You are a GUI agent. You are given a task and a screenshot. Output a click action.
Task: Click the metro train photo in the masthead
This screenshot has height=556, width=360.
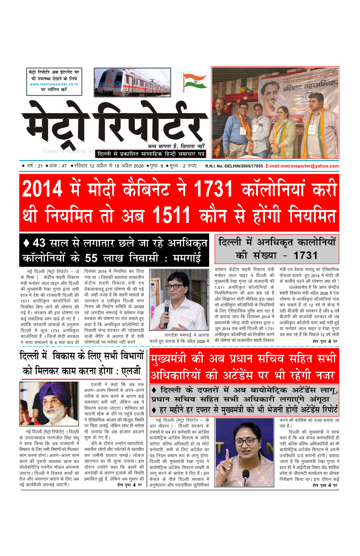click(x=128, y=82)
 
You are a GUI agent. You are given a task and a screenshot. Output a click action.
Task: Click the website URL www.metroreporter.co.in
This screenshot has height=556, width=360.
click(x=54, y=84)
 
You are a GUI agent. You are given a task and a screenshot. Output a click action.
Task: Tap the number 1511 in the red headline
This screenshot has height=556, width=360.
click(x=171, y=215)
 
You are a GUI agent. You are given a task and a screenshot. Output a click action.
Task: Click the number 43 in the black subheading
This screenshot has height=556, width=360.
click(x=39, y=243)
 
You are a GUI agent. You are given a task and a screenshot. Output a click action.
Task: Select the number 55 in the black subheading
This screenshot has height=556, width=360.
click(x=91, y=258)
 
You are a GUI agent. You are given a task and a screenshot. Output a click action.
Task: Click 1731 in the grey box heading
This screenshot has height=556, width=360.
click(x=305, y=256)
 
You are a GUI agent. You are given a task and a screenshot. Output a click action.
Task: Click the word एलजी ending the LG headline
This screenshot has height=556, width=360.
click(x=131, y=371)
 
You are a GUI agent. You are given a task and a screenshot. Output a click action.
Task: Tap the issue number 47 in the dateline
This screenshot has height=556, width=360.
click(x=64, y=166)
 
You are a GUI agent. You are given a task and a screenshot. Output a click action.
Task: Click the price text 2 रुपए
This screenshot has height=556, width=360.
click(x=188, y=166)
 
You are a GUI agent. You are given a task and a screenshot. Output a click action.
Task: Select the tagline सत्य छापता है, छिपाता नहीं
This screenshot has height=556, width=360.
click(x=176, y=146)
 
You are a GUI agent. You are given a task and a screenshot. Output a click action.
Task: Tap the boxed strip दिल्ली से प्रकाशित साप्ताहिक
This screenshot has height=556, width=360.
click(x=151, y=154)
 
